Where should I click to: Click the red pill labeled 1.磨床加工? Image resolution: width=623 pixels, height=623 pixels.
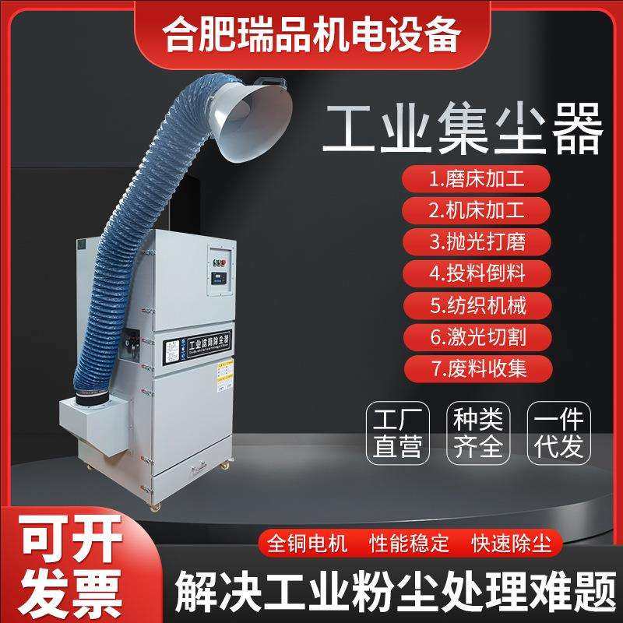pyautogui.click(x=477, y=178)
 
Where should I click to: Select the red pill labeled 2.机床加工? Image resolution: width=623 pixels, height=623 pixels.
pyautogui.click(x=477, y=209)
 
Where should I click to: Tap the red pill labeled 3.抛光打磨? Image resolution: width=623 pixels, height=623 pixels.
pyautogui.click(x=477, y=241)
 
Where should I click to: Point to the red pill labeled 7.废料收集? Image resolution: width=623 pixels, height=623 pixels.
pyautogui.click(x=477, y=368)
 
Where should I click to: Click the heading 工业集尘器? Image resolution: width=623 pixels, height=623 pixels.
pyautogui.click(x=463, y=129)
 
